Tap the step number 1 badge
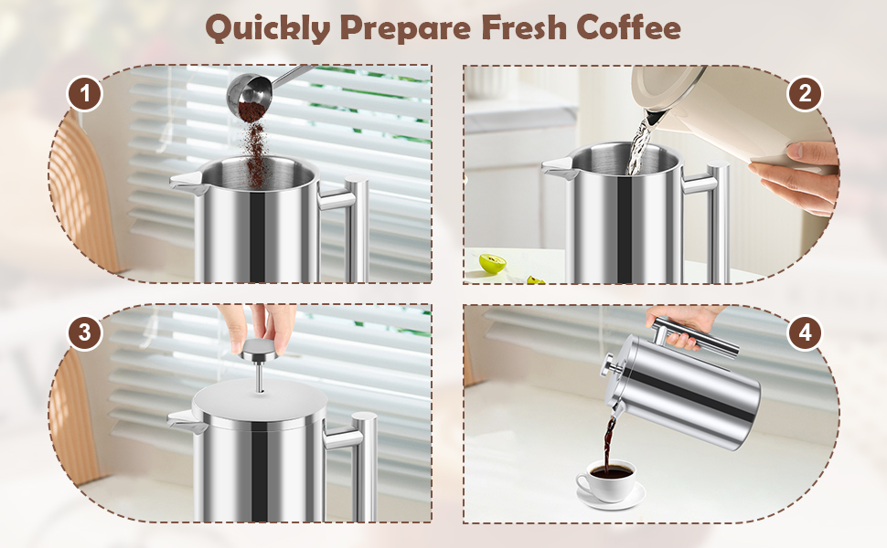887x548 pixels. (85, 93)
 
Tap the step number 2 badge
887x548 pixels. (805, 93)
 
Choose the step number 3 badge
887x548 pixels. (85, 332)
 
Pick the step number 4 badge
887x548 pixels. (805, 332)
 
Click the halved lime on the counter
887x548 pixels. (492, 264)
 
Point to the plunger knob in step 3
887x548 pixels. (259, 352)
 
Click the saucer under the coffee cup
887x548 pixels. (611, 497)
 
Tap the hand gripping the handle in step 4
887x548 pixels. (681, 325)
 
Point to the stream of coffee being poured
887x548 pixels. (609, 447)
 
